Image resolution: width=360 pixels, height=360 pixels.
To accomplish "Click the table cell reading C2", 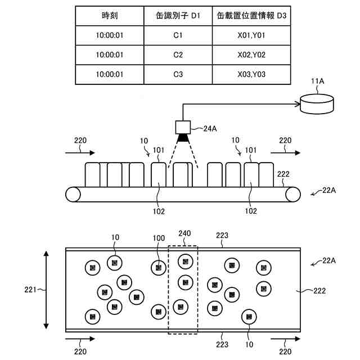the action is (x=178, y=55).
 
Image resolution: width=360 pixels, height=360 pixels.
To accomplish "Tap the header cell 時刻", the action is (x=110, y=16).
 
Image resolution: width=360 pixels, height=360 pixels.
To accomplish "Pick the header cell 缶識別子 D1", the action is (x=178, y=16).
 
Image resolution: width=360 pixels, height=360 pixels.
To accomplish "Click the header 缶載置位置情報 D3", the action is (x=251, y=16).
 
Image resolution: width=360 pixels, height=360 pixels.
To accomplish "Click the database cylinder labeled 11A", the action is (x=317, y=104).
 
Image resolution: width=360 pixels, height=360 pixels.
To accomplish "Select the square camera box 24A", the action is (x=183, y=127).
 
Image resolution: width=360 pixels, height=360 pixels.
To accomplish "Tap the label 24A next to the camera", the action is (x=210, y=129).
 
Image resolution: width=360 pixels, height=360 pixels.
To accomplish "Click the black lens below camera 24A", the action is (x=183, y=138).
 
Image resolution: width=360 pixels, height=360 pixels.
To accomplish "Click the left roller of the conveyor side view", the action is (x=73, y=195).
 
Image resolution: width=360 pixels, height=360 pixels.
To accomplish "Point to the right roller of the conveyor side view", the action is (x=293, y=195).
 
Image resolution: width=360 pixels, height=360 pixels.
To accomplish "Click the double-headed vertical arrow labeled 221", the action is (x=46, y=290).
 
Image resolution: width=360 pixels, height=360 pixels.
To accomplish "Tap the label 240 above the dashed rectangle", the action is (x=184, y=233).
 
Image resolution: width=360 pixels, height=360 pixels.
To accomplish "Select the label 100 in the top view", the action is (x=159, y=238).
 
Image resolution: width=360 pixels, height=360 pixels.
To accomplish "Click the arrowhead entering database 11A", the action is (x=298, y=104).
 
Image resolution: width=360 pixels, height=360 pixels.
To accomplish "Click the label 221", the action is (x=30, y=290).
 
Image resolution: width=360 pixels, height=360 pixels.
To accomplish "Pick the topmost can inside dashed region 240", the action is (x=185, y=262).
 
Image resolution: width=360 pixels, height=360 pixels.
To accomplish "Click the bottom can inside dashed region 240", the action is (x=181, y=307).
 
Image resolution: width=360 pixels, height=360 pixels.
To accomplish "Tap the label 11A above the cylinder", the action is (x=317, y=81).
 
